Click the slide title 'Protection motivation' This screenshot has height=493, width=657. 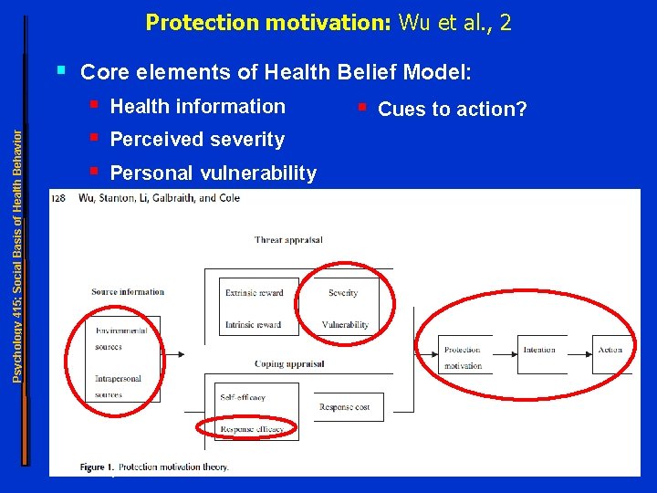(x=267, y=22)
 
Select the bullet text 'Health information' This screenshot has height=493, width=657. (x=197, y=107)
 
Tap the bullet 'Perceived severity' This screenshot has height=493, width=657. (x=197, y=140)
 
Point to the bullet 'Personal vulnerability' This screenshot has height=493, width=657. (x=213, y=173)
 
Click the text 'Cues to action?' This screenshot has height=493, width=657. (x=452, y=110)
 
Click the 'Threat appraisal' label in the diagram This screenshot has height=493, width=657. (x=288, y=240)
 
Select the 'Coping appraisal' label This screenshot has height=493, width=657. (x=289, y=363)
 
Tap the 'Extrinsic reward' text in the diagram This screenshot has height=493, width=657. (x=255, y=293)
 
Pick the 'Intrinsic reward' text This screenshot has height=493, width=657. (x=253, y=325)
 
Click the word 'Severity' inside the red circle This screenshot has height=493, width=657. (x=343, y=293)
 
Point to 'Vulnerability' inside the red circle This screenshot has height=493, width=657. (x=345, y=325)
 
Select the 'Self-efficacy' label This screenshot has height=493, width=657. (x=243, y=397)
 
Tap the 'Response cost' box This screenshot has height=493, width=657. (x=345, y=407)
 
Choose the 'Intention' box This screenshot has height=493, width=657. (x=538, y=350)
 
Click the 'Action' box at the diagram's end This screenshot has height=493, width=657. (x=610, y=350)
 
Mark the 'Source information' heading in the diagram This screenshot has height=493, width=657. (x=128, y=292)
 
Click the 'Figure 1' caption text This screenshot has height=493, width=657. (x=154, y=467)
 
